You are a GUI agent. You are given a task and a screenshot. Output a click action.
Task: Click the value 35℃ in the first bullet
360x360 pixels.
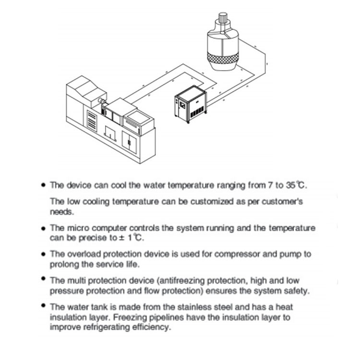point(296,184)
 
